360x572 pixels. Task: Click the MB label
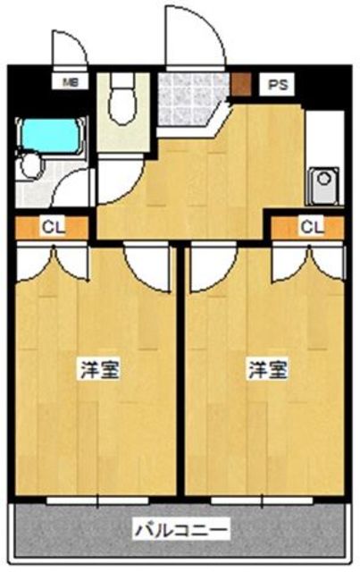(69, 86)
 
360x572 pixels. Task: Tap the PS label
(275, 86)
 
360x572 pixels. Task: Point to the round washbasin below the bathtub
(33, 165)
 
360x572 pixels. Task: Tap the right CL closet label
(309, 228)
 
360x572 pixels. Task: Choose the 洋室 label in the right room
(267, 367)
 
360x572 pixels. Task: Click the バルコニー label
(182, 529)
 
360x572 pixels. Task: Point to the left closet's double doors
(53, 259)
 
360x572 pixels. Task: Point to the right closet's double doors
(308, 259)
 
